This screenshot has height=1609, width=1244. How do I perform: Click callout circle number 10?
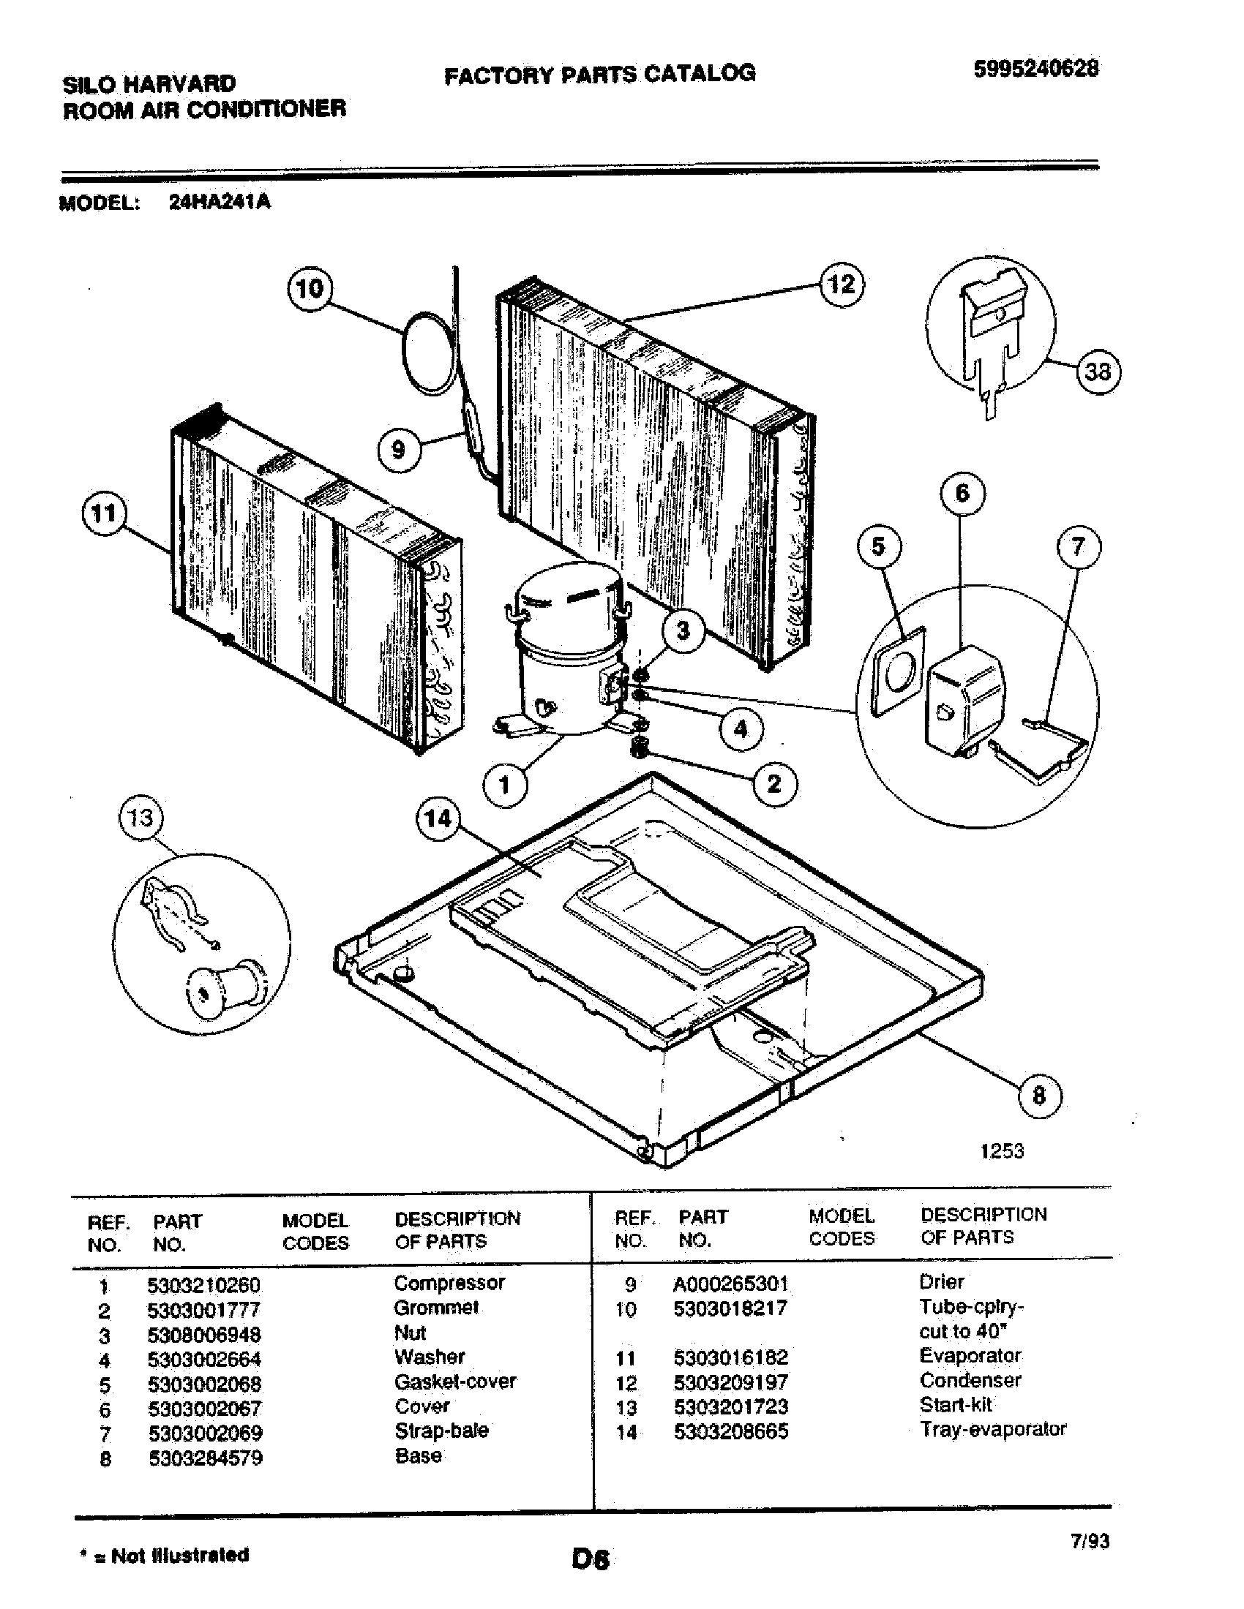pyautogui.click(x=309, y=288)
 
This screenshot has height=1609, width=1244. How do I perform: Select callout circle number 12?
pyautogui.click(x=842, y=284)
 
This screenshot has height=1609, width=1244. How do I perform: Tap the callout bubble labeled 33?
pyautogui.click(x=1098, y=372)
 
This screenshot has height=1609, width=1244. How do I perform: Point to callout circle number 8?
pyautogui.click(x=1039, y=1096)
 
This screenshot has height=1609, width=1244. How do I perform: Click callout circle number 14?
pyautogui.click(x=438, y=818)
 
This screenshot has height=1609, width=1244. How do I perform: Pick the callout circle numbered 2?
pyautogui.click(x=773, y=783)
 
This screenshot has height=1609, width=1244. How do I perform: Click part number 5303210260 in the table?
pyautogui.click(x=203, y=1286)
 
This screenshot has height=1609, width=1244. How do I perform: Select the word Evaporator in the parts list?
pyautogui.click(x=970, y=1355)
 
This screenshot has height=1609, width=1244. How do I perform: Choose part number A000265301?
pyautogui.click(x=730, y=1284)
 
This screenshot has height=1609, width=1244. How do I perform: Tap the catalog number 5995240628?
pyautogui.click(x=1036, y=69)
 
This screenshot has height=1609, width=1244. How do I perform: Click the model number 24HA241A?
pyautogui.click(x=220, y=202)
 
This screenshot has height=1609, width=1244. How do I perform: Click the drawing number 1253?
pyautogui.click(x=1003, y=1150)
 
